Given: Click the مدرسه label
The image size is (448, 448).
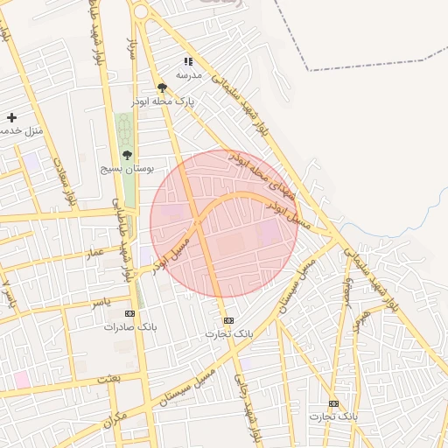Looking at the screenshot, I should (x=189, y=75).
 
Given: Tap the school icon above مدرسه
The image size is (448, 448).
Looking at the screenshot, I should (x=187, y=61).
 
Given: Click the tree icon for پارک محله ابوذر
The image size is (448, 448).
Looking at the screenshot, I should (x=162, y=87).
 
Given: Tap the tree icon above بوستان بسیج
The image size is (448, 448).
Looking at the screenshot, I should (x=127, y=155).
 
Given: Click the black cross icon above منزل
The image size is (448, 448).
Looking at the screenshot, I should (x=11, y=117).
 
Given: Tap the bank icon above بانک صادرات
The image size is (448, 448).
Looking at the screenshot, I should (x=130, y=313).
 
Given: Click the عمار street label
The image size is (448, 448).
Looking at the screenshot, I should (x=94, y=252).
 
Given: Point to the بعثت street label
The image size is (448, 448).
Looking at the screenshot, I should (x=108, y=377).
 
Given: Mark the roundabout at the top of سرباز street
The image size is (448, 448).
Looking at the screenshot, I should (x=139, y=10).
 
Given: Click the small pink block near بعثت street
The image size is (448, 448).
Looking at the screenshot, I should (x=20, y=379).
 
